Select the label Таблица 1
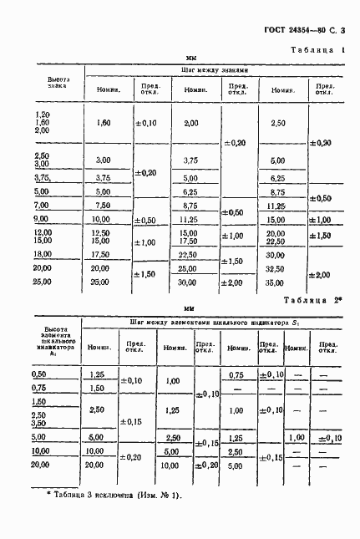tap(318, 51)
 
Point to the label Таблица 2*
tap(316, 299)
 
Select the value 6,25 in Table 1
tap(190, 191)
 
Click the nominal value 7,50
tap(104, 205)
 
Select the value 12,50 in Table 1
tap(102, 231)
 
